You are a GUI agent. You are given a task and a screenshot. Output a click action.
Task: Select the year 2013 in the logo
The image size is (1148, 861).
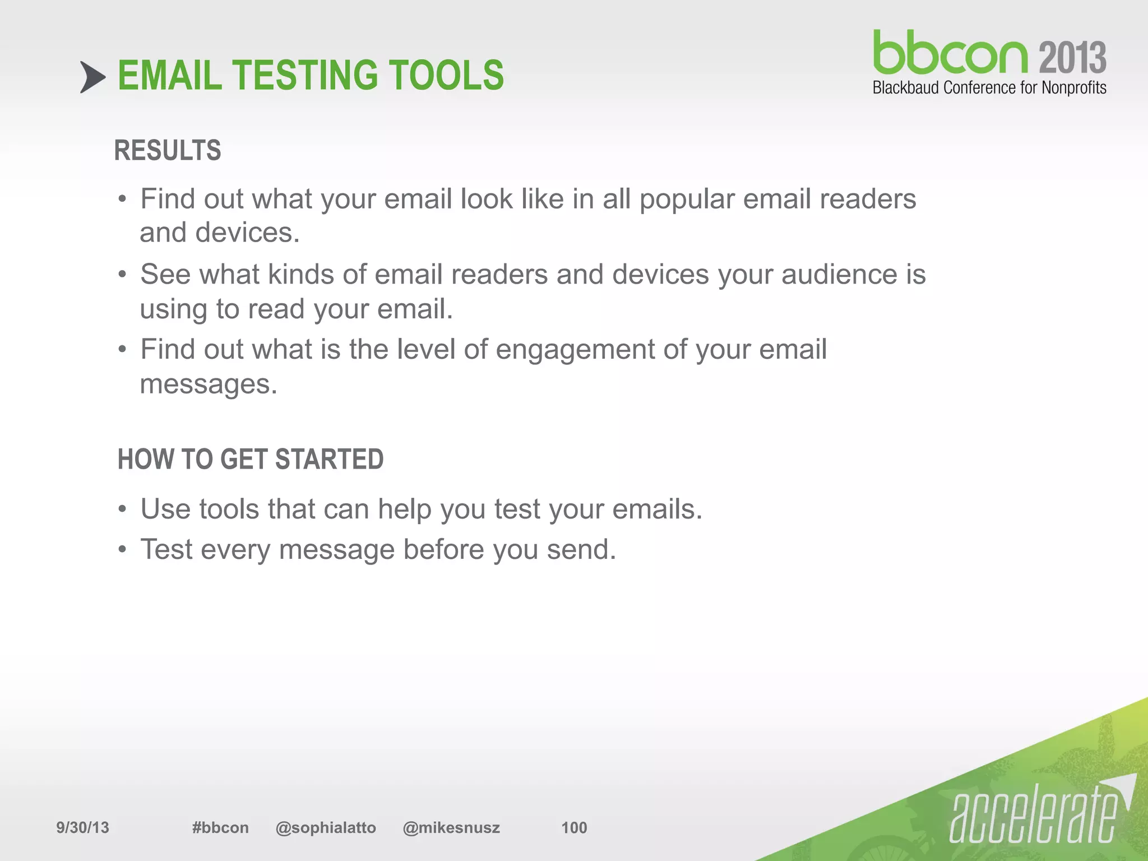[x=1072, y=58]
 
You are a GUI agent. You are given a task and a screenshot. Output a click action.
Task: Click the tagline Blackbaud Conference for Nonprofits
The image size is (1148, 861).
[x=989, y=88]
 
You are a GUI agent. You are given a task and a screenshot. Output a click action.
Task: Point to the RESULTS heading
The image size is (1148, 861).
[x=168, y=150]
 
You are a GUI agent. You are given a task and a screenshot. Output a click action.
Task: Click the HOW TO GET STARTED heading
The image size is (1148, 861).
[x=251, y=459]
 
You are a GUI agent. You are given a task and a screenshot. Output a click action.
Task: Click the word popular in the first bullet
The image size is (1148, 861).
[x=687, y=199]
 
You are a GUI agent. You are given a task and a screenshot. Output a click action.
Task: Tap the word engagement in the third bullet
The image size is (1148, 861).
[x=575, y=349]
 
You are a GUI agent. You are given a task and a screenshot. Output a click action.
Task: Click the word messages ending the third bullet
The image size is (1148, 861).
[x=208, y=385]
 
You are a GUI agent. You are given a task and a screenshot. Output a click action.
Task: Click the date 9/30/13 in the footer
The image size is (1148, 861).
[x=83, y=827]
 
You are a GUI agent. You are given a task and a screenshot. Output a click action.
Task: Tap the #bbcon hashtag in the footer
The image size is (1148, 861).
[x=220, y=827]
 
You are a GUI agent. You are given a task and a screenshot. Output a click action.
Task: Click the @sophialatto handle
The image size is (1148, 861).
[x=326, y=827]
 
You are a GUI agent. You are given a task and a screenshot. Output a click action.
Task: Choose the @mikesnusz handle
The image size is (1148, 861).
[x=451, y=827]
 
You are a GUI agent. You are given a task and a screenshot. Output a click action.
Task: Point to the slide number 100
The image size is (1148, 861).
[x=574, y=827]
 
